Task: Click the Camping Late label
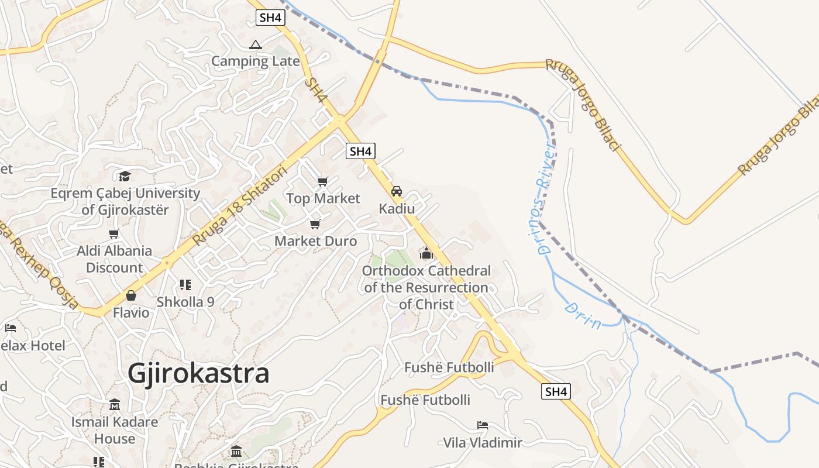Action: point(255,61)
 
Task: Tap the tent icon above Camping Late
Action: point(256,44)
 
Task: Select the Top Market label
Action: point(323,198)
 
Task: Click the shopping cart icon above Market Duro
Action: point(315,224)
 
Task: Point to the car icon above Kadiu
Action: point(397,191)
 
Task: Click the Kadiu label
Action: point(397,209)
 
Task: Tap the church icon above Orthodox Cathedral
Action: point(426,254)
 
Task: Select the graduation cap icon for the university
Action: point(125,176)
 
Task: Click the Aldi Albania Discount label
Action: point(115,259)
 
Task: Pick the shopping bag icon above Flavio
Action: point(131,295)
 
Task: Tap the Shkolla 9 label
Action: point(185,302)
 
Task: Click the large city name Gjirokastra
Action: point(198,373)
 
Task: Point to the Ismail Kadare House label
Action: point(115,430)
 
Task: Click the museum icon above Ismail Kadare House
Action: point(115,405)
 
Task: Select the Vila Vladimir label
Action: point(482,442)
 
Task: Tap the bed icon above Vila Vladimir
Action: point(482,425)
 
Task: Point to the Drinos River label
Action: point(545,199)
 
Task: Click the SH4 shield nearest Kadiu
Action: point(360,152)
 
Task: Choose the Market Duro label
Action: point(315,240)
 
